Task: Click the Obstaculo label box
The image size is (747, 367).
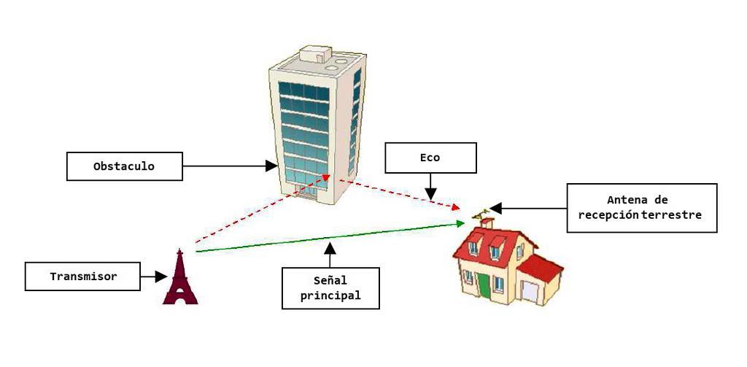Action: pos(124,166)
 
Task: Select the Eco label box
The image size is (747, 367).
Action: pos(430,157)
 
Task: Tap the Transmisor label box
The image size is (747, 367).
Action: pos(82,277)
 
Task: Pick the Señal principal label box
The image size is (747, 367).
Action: pos(330,287)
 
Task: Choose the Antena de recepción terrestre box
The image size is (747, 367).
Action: pos(641,207)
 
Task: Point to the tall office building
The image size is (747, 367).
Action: pos(317,124)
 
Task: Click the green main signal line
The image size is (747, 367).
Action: pos(328,238)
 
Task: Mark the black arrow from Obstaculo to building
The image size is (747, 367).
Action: pos(230,166)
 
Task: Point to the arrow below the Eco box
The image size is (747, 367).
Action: pos(430,186)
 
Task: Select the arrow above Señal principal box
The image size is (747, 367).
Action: pos(330,255)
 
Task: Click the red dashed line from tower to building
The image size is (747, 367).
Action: pos(255,212)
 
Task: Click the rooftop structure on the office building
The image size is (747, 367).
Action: pos(315,55)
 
